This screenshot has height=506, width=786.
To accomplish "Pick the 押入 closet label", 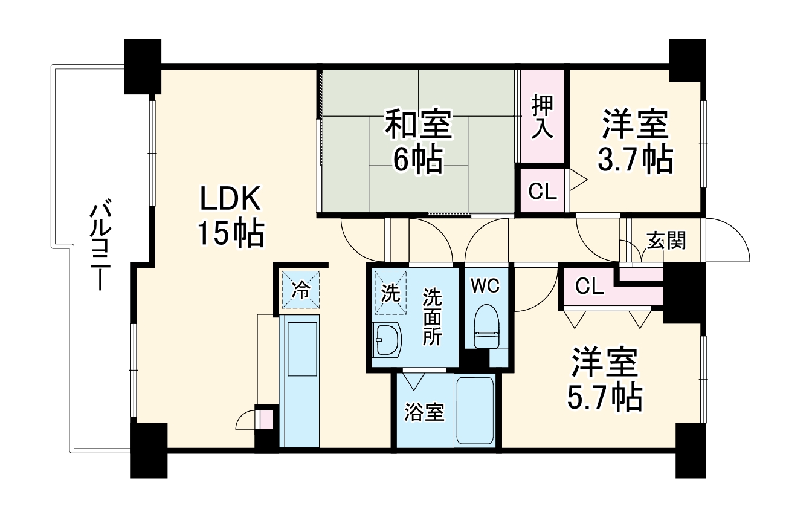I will [x=542, y=117].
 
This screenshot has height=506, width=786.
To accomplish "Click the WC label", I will [x=486, y=287].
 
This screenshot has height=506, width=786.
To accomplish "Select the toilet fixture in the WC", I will [x=487, y=326].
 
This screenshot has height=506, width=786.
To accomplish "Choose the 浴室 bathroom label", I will [x=424, y=413].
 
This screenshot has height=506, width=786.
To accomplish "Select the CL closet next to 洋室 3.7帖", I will [x=542, y=192].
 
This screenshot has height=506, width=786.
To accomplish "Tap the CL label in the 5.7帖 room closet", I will [x=589, y=287].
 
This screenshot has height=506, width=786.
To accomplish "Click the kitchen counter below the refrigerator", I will [x=300, y=381].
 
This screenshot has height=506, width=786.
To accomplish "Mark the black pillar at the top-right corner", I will [x=688, y=58].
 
